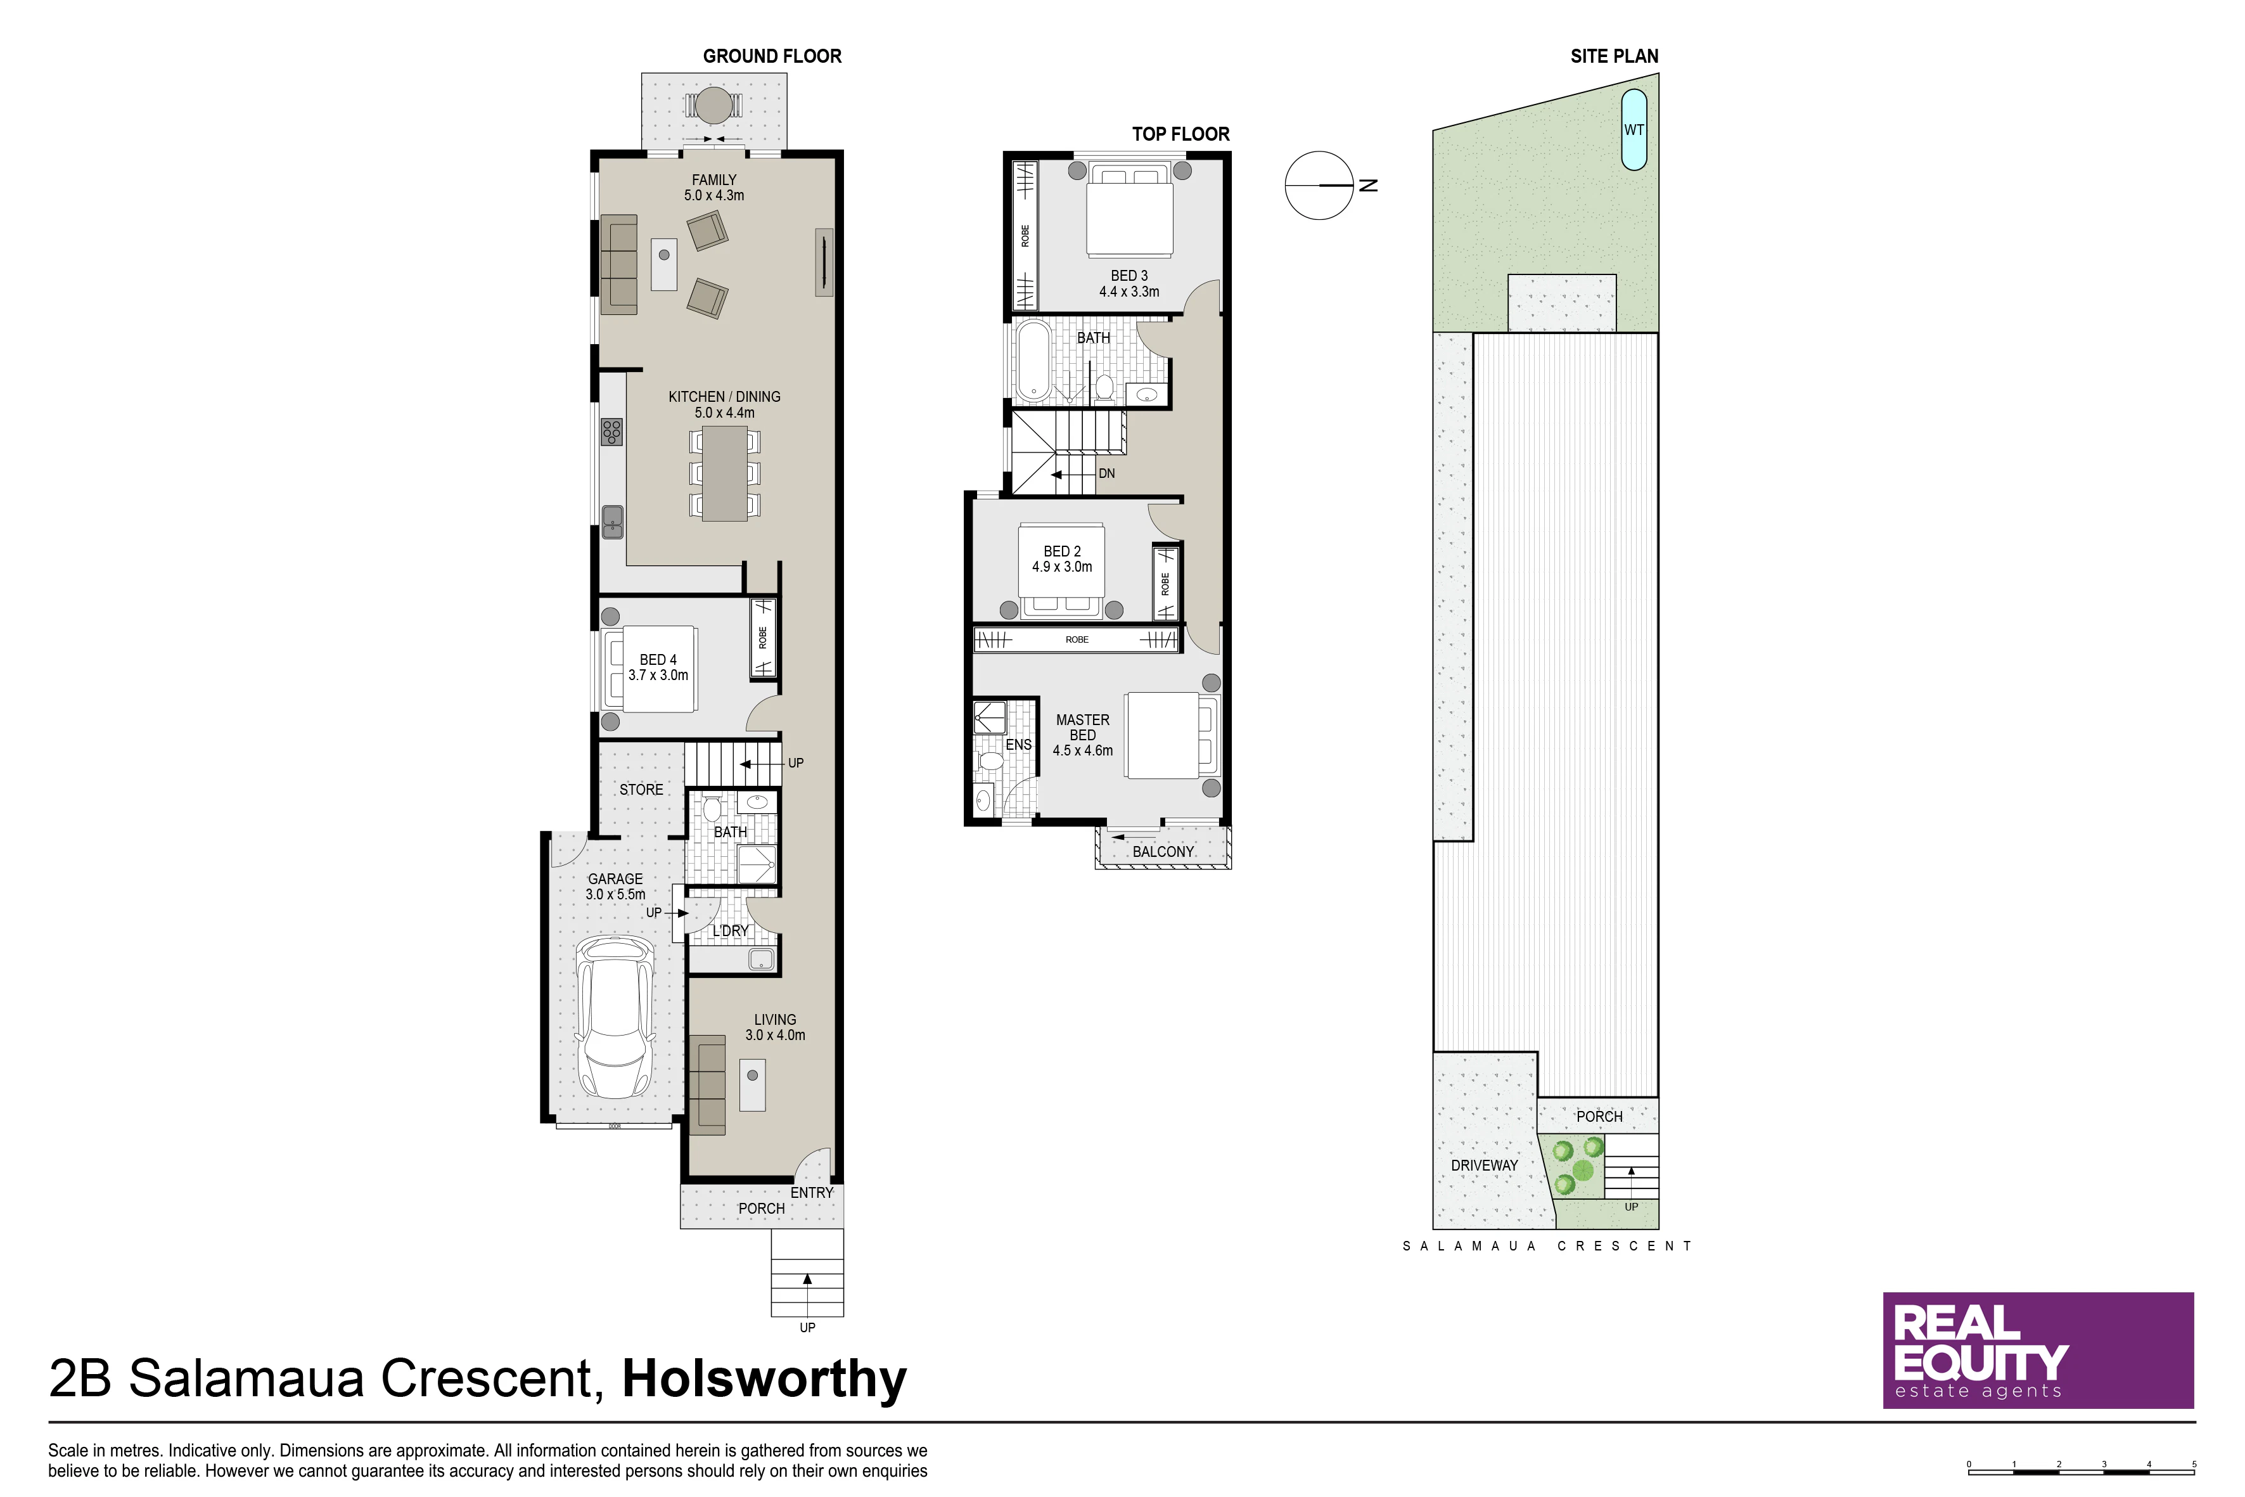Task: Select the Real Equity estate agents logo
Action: coord(2038,1350)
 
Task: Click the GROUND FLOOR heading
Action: coord(772,56)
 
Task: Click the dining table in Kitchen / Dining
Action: coord(724,473)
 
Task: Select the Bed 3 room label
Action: coord(1129,283)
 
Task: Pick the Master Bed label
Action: coord(1082,735)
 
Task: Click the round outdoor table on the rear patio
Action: coord(713,105)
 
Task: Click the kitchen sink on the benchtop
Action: coord(612,521)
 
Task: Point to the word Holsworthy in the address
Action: coord(765,1378)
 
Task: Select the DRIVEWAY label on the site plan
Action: coord(1484,1166)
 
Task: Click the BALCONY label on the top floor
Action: coord(1163,852)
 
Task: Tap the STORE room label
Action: coord(641,790)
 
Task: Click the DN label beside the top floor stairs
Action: coord(1106,473)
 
